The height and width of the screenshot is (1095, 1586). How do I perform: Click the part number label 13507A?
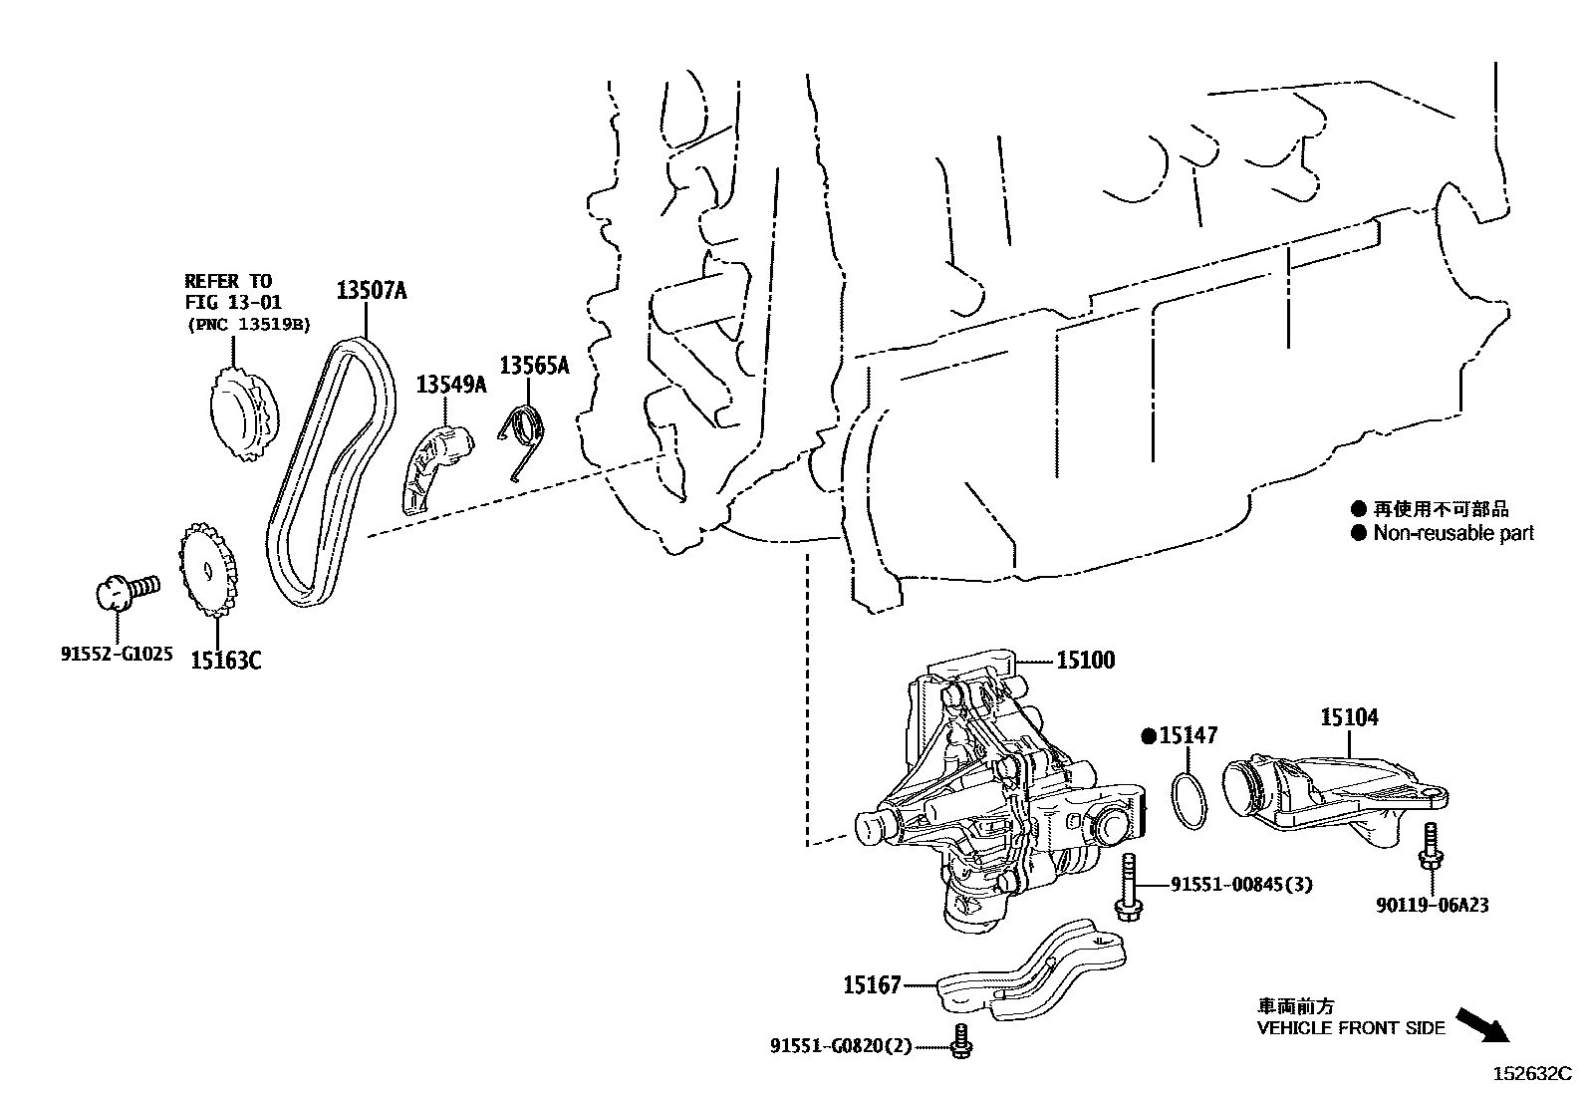click(x=371, y=291)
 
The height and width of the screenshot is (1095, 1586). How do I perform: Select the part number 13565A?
click(x=534, y=366)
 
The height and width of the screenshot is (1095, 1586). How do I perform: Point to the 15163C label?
click(x=226, y=660)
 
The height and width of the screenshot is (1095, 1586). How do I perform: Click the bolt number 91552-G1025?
click(x=117, y=655)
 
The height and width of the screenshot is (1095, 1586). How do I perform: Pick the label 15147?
click(x=1186, y=736)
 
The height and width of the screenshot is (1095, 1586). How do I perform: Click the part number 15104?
click(x=1349, y=717)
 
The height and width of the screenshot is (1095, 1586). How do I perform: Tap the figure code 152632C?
click(x=1530, y=1074)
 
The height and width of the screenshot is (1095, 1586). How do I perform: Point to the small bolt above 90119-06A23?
click(x=1431, y=845)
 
